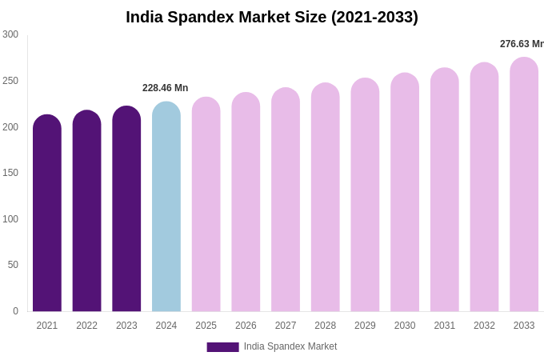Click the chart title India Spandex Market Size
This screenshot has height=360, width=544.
point(272,17)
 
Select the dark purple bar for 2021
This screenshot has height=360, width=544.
point(47,216)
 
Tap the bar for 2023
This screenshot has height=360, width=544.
point(126,212)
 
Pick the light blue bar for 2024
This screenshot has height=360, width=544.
point(166,210)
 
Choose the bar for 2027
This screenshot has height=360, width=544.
point(286,202)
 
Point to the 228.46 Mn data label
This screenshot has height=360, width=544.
point(165,88)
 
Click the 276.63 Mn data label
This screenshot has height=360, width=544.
point(522,44)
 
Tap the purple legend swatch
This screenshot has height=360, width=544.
point(222,347)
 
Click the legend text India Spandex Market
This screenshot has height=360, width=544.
point(290,346)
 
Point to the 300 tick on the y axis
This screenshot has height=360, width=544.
point(10,34)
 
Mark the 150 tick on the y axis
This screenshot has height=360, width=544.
point(10,173)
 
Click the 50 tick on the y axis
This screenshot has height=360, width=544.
point(13,265)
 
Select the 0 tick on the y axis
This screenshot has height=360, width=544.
point(15,311)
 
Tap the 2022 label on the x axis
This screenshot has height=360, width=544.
point(86,326)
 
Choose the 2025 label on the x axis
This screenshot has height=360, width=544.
point(206,326)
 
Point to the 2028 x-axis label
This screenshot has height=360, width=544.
point(325,326)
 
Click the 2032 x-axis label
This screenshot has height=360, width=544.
point(484,326)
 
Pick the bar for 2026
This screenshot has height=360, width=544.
point(246,204)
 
